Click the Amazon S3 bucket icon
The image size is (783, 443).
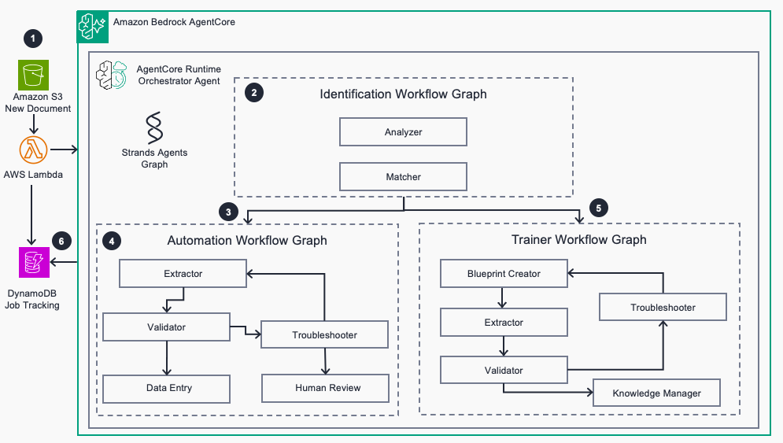pyautogui.click(x=34, y=75)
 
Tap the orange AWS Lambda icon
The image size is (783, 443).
pyautogui.click(x=34, y=150)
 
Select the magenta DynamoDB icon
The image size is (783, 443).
pyautogui.click(x=34, y=262)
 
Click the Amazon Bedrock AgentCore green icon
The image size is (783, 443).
pyautogui.click(x=93, y=27)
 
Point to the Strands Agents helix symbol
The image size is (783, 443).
pyautogui.click(x=154, y=127)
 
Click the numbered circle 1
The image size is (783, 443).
pyautogui.click(x=33, y=39)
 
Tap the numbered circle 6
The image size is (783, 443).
pyautogui.click(x=61, y=242)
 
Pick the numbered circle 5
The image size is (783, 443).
pyautogui.click(x=599, y=208)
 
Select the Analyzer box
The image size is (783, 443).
pyautogui.click(x=403, y=132)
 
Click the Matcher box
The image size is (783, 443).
pyautogui.click(x=403, y=177)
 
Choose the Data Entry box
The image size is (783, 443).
pyautogui.click(x=166, y=389)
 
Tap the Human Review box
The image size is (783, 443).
pyautogui.click(x=325, y=388)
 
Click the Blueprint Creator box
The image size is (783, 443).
pyautogui.click(x=504, y=274)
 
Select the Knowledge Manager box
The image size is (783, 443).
pyautogui.click(x=656, y=393)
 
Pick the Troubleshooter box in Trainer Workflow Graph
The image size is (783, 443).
pyautogui.click(x=663, y=307)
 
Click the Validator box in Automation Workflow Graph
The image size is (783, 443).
pyautogui.click(x=166, y=327)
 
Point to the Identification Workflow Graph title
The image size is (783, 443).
pyautogui.click(x=403, y=94)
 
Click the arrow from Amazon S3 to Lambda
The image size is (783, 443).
pyautogui.click(x=34, y=124)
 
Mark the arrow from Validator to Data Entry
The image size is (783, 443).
pyautogui.click(x=167, y=358)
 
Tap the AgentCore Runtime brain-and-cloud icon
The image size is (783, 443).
pyautogui.click(x=112, y=75)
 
